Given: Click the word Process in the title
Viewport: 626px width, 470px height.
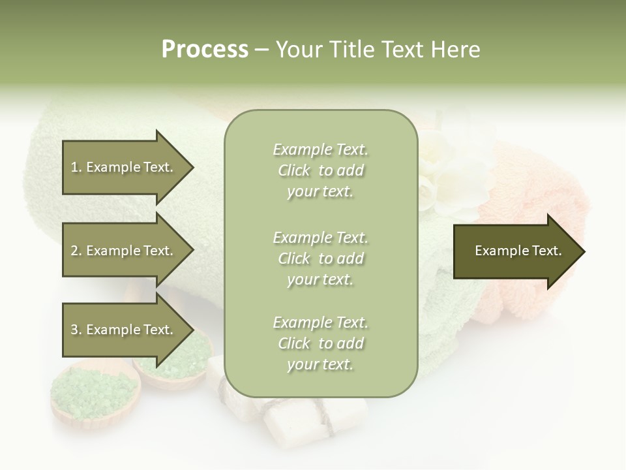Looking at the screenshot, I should pos(205,50).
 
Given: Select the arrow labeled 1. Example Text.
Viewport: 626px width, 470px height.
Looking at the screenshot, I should pos(124,167).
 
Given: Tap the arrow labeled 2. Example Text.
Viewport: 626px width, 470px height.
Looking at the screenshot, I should pos(124,251).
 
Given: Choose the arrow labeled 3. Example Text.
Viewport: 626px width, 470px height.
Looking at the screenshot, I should pos(124,330).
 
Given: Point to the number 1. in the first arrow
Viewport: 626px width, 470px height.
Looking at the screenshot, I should pos(76,167).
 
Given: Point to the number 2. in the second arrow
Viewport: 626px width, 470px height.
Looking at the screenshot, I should pos(76,251).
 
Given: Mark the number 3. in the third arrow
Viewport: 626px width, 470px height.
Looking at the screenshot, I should pos(76,330).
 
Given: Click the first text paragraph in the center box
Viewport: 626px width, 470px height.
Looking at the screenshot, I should pos(320,170).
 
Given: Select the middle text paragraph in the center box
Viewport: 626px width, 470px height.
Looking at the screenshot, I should pos(320,258).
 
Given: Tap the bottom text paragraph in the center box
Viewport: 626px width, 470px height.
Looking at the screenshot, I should pos(320,343).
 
